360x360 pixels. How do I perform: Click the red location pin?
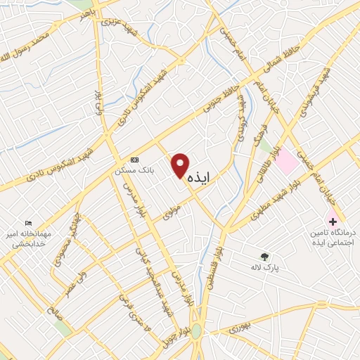(x=181, y=167)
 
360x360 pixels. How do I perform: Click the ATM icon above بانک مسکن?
(x=135, y=160)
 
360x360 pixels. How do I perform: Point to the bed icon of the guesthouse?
(x=29, y=223)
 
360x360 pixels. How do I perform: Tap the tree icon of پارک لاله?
(x=264, y=257)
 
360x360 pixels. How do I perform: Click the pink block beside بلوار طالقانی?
(x=285, y=163)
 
